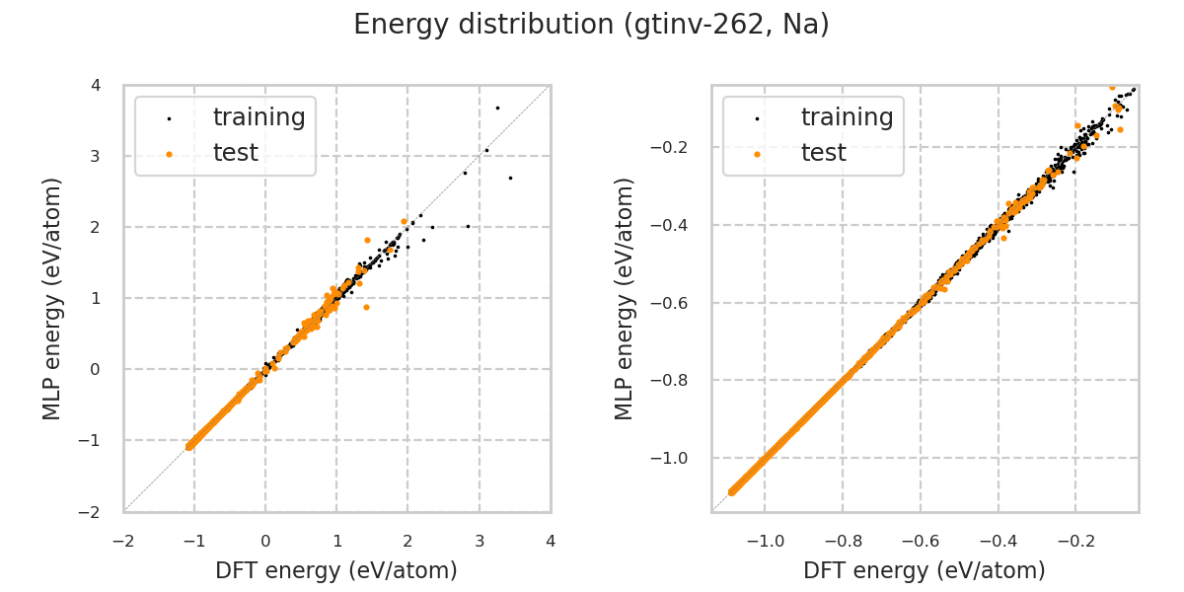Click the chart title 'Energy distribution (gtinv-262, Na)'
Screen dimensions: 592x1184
[x=591, y=25]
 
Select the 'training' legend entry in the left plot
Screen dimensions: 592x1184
[x=259, y=117]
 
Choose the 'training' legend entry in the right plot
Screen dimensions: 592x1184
[x=847, y=117]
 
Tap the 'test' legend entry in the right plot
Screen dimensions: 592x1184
[x=823, y=153]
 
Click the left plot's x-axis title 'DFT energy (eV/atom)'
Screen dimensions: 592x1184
[x=336, y=570]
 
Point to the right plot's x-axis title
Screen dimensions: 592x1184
[x=925, y=570]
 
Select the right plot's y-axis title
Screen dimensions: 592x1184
[x=626, y=298]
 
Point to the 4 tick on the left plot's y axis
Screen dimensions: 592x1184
[x=96, y=85]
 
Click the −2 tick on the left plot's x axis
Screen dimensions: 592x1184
[x=123, y=541]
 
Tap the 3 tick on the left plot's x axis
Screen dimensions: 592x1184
[x=480, y=541]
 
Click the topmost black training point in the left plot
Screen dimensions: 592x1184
[x=497, y=108]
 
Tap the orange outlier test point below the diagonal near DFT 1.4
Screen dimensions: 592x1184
[x=366, y=307]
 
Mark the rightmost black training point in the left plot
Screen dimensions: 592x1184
[x=510, y=178]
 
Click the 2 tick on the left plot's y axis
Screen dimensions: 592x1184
[x=96, y=227]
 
